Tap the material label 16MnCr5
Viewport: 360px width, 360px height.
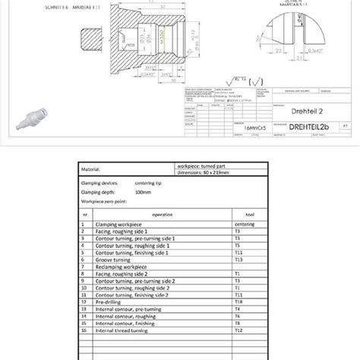pyautogui.click(x=233, y=130)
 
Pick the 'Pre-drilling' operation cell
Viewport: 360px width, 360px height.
pyautogui.click(x=106, y=302)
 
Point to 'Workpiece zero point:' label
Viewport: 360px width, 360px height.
pyautogui.click(x=106, y=202)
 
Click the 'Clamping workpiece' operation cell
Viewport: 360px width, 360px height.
pyautogui.click(x=117, y=225)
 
